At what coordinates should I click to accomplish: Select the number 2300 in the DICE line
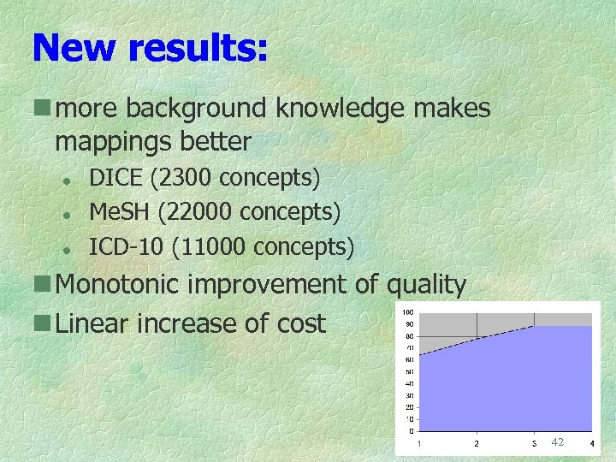click(186, 178)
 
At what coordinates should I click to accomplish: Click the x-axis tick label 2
click(477, 443)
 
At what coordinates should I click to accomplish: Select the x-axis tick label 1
click(418, 443)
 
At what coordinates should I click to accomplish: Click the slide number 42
click(557, 441)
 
